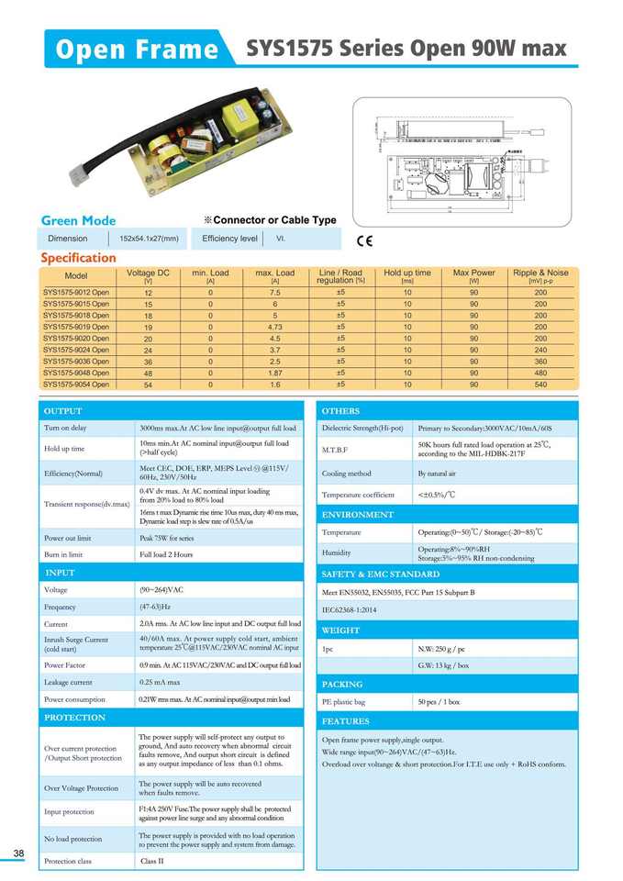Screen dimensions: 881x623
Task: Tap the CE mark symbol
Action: (x=364, y=241)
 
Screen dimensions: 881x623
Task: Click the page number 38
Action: (x=18, y=855)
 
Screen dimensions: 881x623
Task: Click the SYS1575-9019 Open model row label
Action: (x=76, y=327)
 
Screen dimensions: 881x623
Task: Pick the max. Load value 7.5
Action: (x=274, y=293)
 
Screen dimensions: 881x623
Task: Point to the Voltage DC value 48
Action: (x=149, y=374)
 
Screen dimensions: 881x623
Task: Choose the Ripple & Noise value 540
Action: (x=540, y=385)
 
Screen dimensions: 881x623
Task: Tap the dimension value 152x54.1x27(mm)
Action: (x=149, y=239)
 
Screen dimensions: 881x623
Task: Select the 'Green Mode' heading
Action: (x=79, y=220)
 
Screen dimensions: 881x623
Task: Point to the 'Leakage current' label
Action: (x=68, y=683)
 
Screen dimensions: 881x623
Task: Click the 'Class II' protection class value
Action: (x=151, y=862)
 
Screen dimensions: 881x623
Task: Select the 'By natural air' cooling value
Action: (x=437, y=474)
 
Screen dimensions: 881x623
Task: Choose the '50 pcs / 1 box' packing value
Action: (x=439, y=702)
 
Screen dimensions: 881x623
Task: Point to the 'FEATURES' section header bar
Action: (x=446, y=721)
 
